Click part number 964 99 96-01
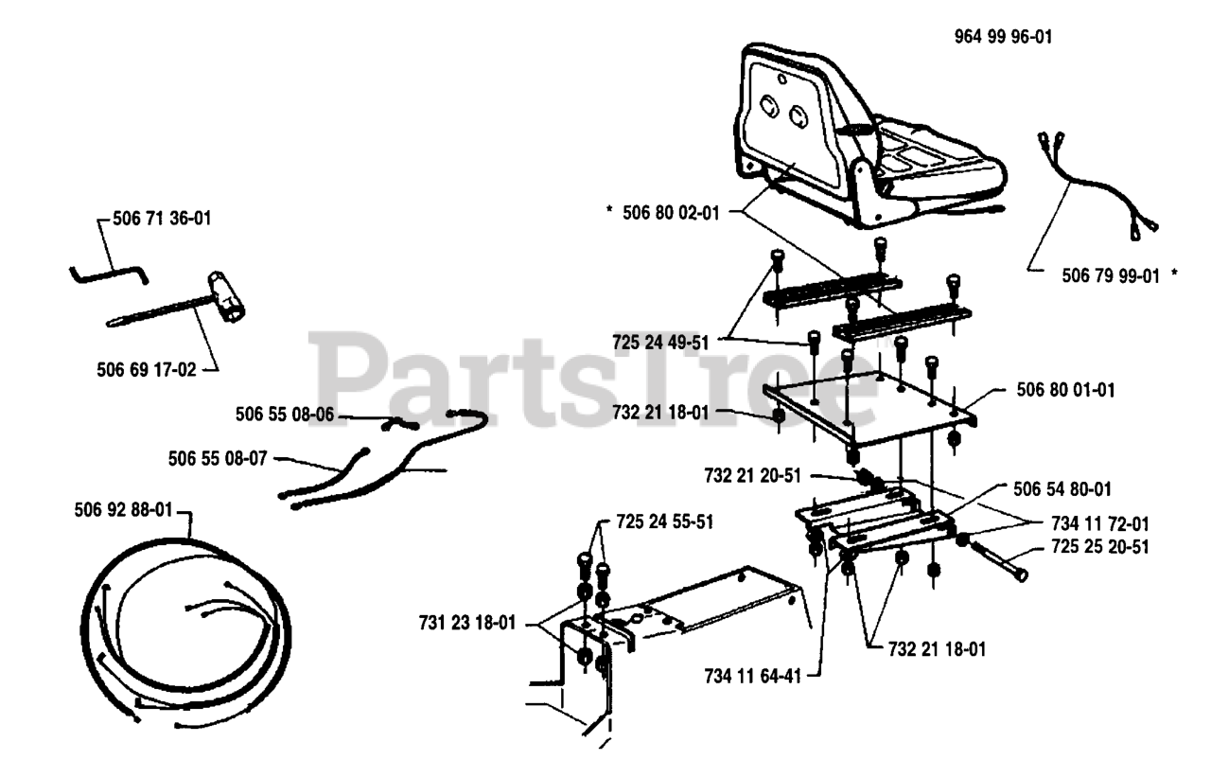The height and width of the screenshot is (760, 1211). pyautogui.click(x=1002, y=38)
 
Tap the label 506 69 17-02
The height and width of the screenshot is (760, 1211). pyautogui.click(x=147, y=369)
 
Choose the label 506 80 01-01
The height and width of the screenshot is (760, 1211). pyautogui.click(x=1065, y=389)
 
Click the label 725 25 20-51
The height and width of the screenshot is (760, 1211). pyautogui.click(x=1101, y=547)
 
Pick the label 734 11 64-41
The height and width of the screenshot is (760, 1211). pyautogui.click(x=753, y=677)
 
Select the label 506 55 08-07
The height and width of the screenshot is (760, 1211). pyautogui.click(x=218, y=459)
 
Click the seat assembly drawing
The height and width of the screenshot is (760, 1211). pyautogui.click(x=861, y=142)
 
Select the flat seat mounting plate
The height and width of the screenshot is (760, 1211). pyautogui.click(x=870, y=407)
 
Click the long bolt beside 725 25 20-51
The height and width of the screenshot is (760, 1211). pyautogui.click(x=998, y=563)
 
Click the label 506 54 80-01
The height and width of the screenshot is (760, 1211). pyautogui.click(x=1062, y=489)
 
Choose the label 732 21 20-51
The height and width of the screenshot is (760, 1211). pyautogui.click(x=753, y=472)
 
